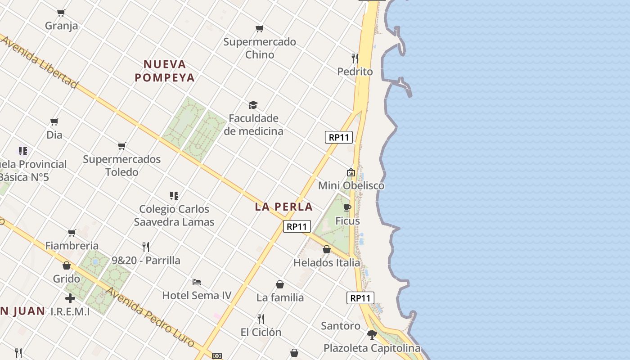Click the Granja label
pos(61,26)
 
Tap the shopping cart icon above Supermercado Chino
pos(259,29)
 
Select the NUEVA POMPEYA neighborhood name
pos(165,71)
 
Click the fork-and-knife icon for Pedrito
pos(355,58)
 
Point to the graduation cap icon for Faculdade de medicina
pos(253,105)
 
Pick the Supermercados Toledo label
pos(121,166)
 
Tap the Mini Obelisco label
pos(351,185)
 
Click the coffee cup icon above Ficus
pos(347,207)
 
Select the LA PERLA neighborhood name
pos(283,207)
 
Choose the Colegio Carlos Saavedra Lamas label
pos(174,216)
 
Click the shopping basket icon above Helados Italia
pos(327,249)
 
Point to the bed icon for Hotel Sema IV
pos(197,282)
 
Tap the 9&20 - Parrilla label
pos(146,260)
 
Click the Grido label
pos(67,279)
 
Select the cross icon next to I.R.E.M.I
pos(70,298)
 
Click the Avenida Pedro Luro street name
pos(149,317)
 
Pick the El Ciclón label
pos(261,332)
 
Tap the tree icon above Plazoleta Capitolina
pos(372,335)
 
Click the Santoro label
pos(341,325)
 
